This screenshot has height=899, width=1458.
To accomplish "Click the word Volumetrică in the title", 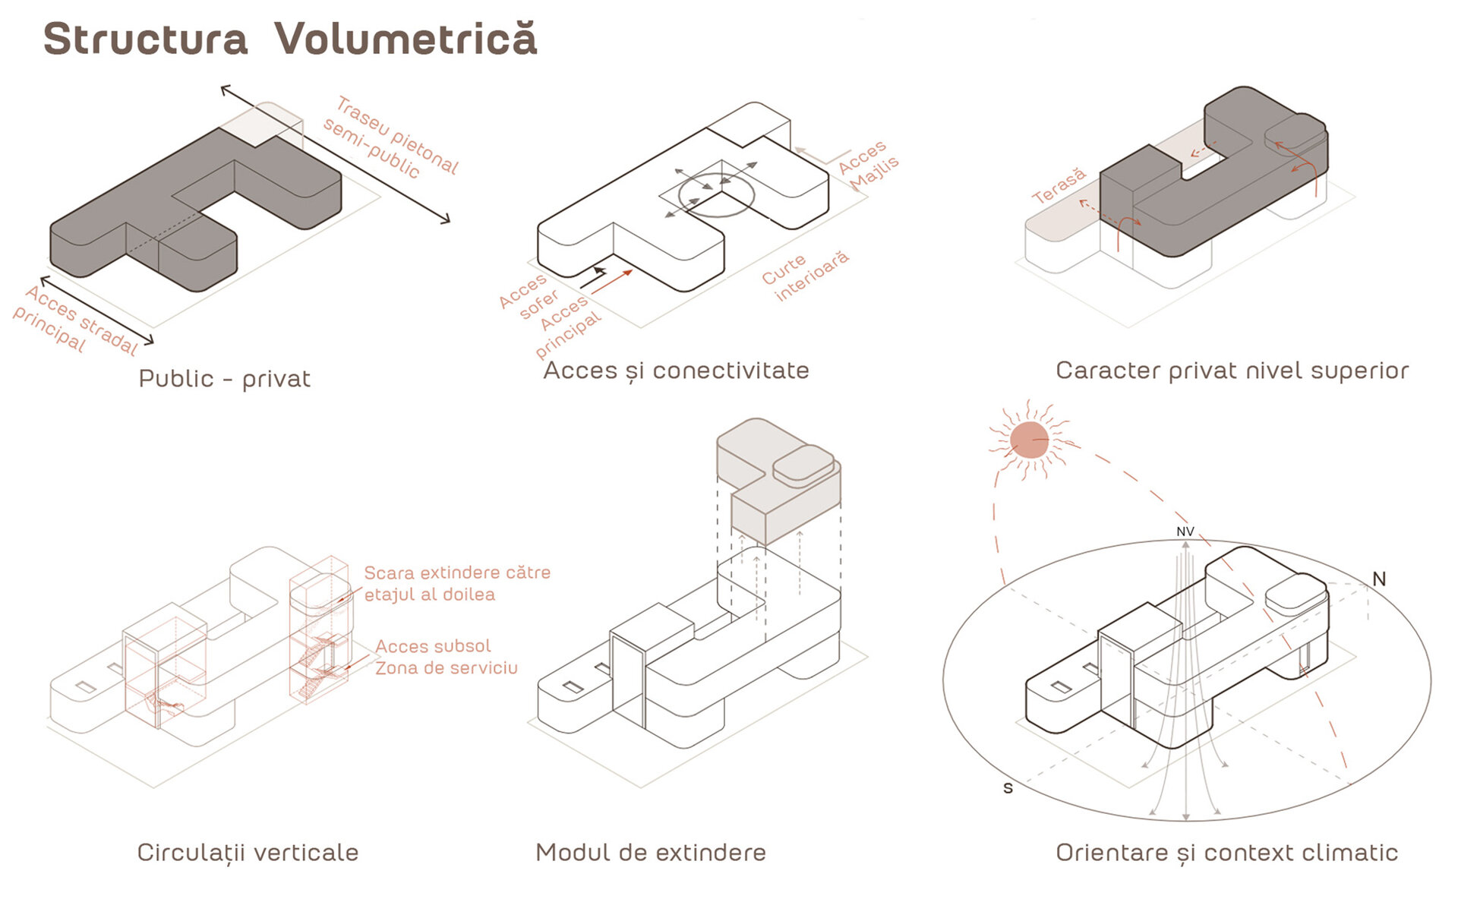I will pos(406,39).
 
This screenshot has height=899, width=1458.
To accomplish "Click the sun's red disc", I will pos(1029,440).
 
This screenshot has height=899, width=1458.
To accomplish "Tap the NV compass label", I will pos(1185,532).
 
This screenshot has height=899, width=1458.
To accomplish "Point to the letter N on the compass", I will pos(1379,579).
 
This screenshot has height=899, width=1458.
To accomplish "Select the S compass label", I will pos(1008,788).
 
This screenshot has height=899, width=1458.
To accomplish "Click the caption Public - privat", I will pos(224,378).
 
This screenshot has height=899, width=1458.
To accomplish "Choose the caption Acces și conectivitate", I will pos(676,371).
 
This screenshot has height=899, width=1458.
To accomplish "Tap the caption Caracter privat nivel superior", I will pos(1232,371).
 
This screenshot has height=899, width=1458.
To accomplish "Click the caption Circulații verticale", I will pos(248,852).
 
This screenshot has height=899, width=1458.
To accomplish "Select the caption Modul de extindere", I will pos(651,852).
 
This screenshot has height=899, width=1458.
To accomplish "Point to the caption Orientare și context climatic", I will pos(1226,852).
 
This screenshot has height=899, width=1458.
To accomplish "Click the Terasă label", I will pos(1059,186).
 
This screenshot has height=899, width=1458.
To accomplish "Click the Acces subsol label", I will pos(433,646).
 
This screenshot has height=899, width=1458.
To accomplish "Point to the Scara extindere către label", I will pos(457,573).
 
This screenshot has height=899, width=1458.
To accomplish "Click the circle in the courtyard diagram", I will pos(716,194).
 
